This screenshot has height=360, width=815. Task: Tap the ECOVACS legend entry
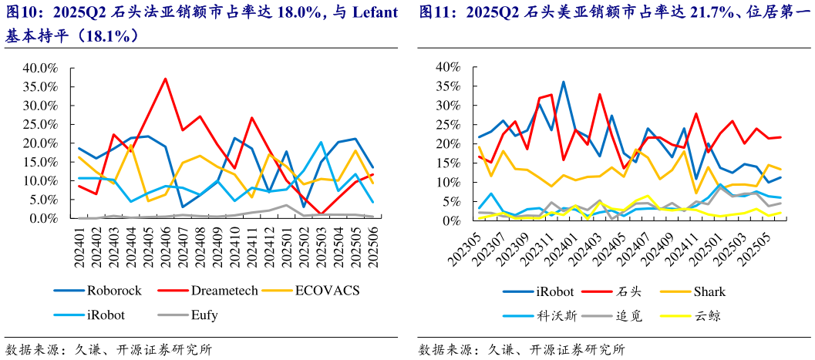328,291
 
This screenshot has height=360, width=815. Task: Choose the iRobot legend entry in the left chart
106,315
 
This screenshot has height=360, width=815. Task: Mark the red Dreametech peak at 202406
165,79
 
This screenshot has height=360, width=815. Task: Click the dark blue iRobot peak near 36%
563,82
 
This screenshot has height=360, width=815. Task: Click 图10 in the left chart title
21,13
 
